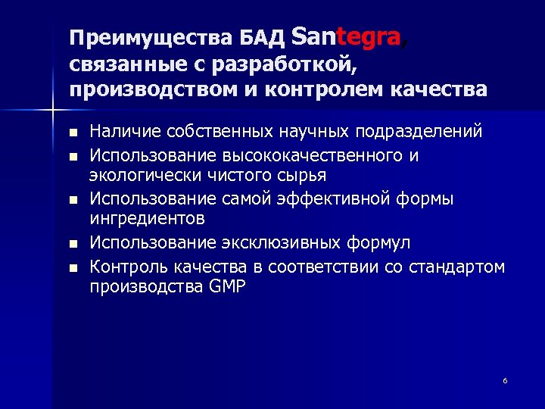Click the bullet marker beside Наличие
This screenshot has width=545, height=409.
click(x=73, y=133)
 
